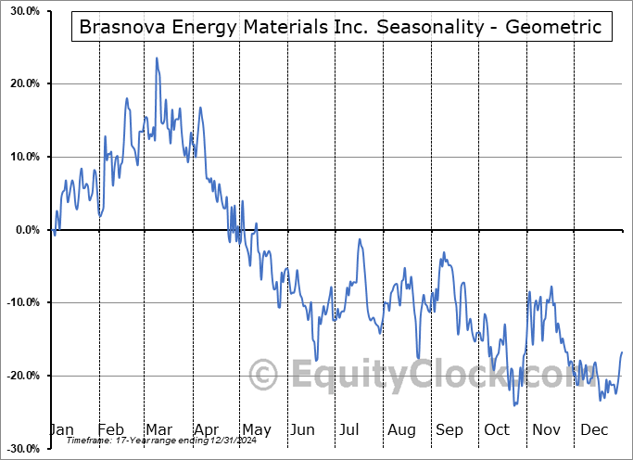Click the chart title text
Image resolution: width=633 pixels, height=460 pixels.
pyautogui.click(x=340, y=28)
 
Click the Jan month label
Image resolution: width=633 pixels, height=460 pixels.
pyautogui.click(x=61, y=430)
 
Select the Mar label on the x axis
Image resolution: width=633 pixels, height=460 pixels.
pyautogui.click(x=158, y=430)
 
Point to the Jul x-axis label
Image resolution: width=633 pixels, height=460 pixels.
pyautogui.click(x=350, y=430)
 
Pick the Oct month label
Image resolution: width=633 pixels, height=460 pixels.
pyautogui.click(x=496, y=430)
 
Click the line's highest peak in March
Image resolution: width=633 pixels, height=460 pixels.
pyautogui.click(x=157, y=58)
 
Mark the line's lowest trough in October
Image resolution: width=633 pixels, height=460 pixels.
pyautogui.click(x=513, y=405)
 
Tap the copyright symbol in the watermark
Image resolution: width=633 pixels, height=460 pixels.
pyautogui.click(x=264, y=376)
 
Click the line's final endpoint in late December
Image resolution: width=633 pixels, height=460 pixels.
pyautogui.click(x=622, y=352)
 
